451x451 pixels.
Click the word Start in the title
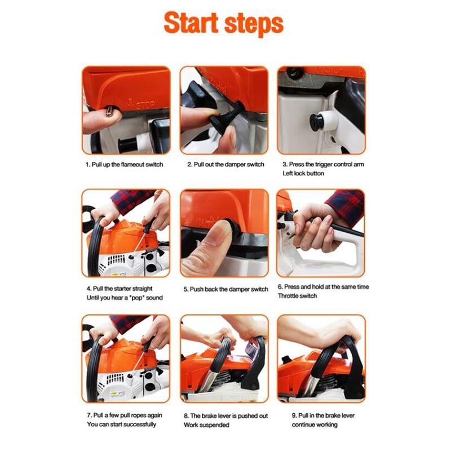tap(191, 23)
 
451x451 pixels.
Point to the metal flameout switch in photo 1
tap(109, 110)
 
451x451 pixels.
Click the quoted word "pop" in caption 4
tap(136, 298)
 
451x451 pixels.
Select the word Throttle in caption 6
tap(288, 295)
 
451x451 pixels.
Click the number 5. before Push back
tap(186, 289)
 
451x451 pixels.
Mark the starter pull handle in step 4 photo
tap(149, 225)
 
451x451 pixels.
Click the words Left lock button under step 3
tap(303, 174)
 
